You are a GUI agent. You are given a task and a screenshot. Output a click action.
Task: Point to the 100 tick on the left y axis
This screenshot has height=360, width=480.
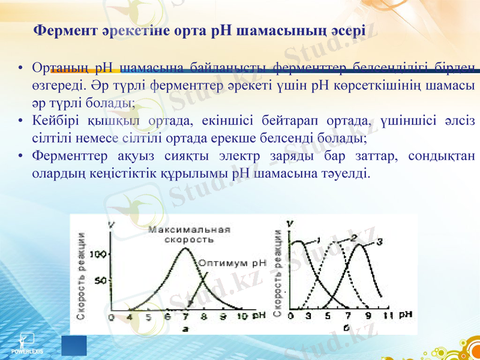pos(98,255)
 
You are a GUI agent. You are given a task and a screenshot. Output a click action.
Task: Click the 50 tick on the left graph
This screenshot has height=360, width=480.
pos(100,280)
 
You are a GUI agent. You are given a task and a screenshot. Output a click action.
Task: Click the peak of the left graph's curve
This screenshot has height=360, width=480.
pos(185,247)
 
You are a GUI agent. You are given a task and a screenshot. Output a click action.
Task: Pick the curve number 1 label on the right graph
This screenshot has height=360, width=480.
pos(319,240)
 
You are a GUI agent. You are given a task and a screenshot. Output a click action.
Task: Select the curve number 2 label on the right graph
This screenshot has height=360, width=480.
pos(354,238)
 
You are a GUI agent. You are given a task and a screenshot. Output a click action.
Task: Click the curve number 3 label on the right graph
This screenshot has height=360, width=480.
pos(380,241)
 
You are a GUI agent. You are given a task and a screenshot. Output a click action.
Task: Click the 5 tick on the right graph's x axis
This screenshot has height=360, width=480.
pos(328,316)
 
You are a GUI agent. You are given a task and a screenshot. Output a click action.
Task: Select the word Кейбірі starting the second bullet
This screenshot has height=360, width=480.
pos(55,121)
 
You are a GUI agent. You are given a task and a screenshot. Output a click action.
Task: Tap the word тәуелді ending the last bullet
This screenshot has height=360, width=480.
pos(349,174)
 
